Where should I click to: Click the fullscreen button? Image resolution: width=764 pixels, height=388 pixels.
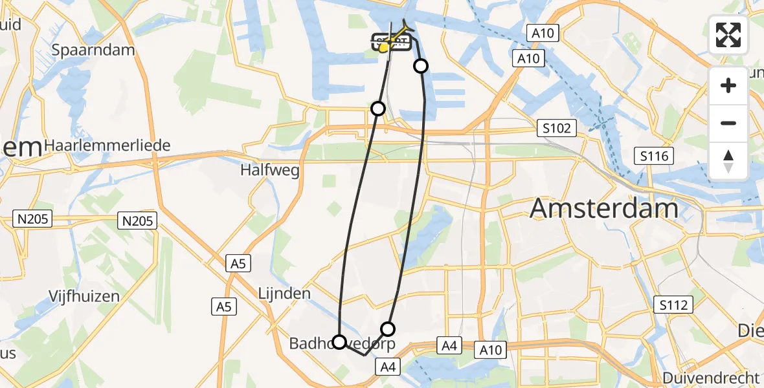point(728,35)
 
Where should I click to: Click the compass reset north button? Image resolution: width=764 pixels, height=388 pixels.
point(728,160)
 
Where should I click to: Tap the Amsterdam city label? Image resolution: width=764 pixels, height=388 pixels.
point(604,209)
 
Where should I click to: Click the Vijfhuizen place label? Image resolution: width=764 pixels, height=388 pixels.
point(84,297)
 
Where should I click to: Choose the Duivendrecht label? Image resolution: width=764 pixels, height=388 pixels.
point(710,378)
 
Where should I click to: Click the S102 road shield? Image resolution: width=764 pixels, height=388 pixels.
point(557,129)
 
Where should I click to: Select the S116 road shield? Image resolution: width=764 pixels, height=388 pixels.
point(654,156)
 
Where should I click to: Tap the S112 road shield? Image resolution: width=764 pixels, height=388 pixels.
point(673,304)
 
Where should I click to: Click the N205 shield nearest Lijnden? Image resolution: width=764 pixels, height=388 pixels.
point(137,222)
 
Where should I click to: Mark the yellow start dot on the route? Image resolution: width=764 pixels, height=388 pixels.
point(383,47)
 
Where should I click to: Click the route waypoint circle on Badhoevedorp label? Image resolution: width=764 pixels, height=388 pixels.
point(339,342)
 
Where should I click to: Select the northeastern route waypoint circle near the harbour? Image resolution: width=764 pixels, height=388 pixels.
point(421,66)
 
